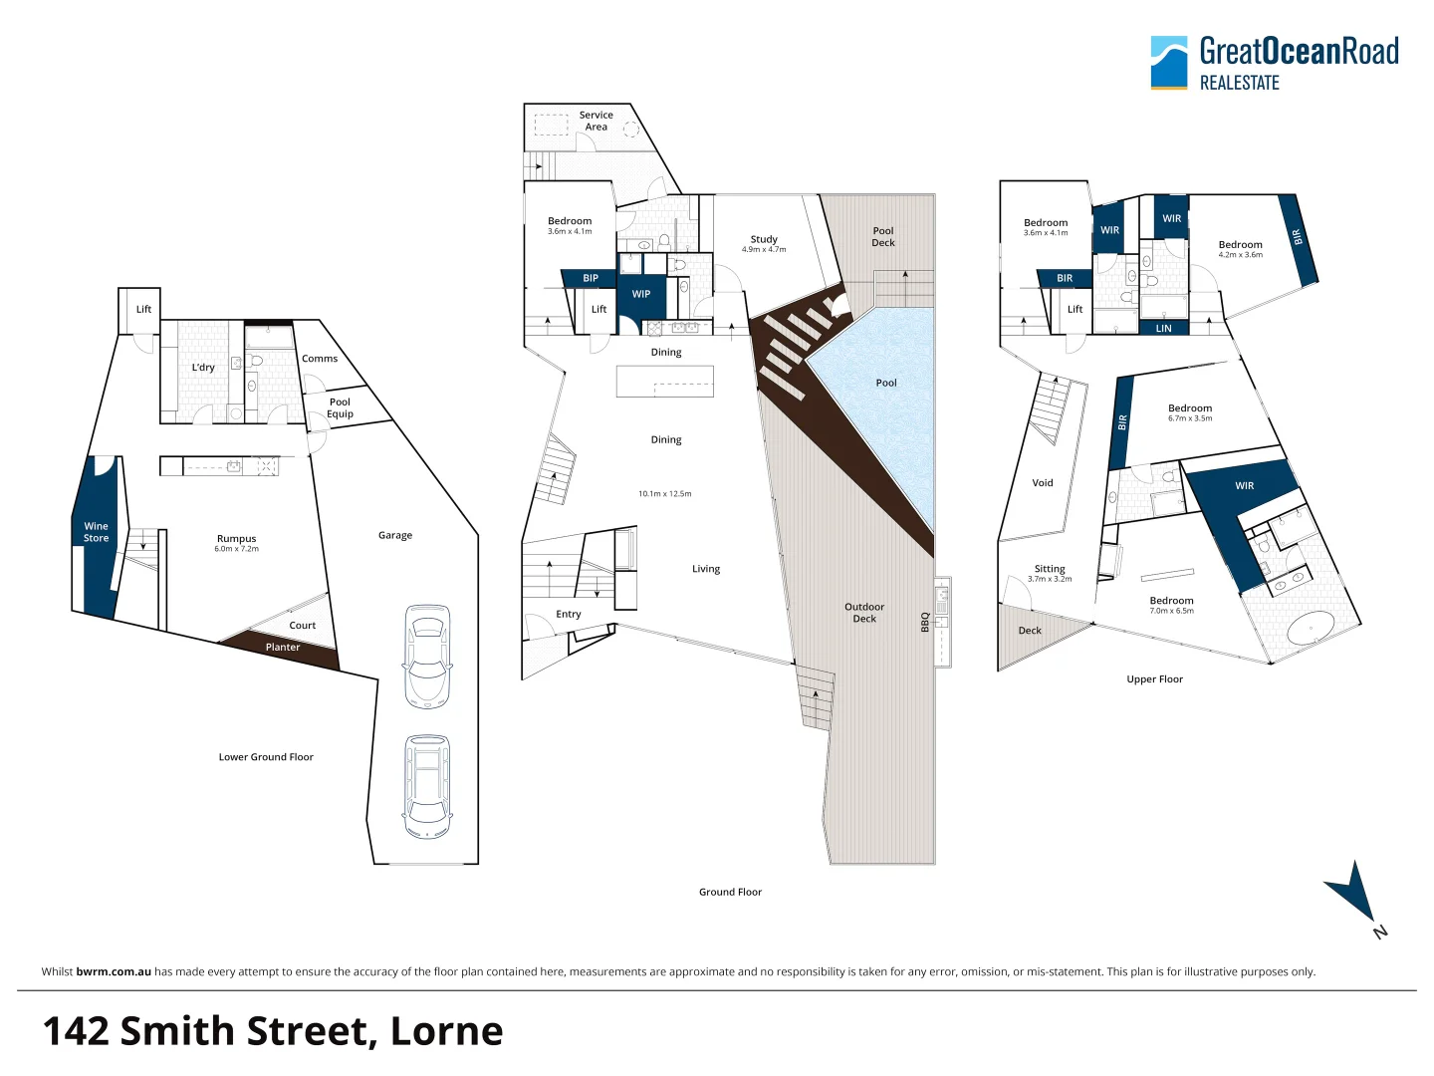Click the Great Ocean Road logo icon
click(x=1169, y=63)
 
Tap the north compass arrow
click(x=1352, y=893)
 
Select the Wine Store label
click(x=97, y=532)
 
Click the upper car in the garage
click(x=427, y=657)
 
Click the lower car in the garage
click(x=427, y=787)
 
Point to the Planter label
click(x=283, y=648)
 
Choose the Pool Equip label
click(x=340, y=408)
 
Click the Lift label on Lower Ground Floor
click(x=143, y=309)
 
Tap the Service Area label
click(x=597, y=121)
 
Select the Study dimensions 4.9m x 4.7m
click(x=764, y=250)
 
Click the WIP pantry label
click(x=641, y=294)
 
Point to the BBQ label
click(x=925, y=622)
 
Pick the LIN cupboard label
click(x=1163, y=329)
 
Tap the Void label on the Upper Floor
click(x=1043, y=483)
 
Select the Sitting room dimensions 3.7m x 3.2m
click(x=1050, y=579)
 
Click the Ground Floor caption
click(x=730, y=893)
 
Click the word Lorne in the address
click(x=446, y=1031)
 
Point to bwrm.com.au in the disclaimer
click(x=114, y=972)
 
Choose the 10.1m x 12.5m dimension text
click(x=665, y=494)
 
